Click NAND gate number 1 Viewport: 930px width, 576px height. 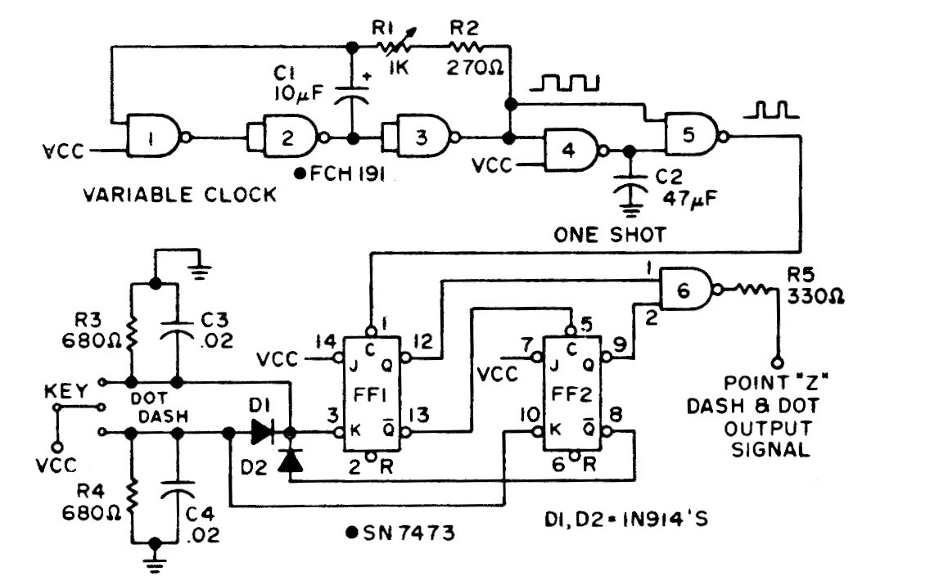[x=153, y=137]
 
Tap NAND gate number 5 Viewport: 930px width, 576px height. [x=691, y=134]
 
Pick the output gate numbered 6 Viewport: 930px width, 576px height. [x=687, y=290]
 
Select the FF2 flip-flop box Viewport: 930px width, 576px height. [x=571, y=394]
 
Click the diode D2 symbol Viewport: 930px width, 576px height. [x=291, y=460]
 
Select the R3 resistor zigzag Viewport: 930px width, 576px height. [x=130, y=335]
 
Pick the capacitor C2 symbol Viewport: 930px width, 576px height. [x=630, y=184]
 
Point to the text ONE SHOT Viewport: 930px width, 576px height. [x=609, y=235]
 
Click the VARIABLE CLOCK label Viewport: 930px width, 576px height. [x=179, y=195]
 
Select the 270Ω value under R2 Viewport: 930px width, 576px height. [x=475, y=68]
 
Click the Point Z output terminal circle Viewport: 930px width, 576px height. [x=777, y=363]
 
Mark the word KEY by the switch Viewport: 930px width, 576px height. [x=65, y=391]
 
